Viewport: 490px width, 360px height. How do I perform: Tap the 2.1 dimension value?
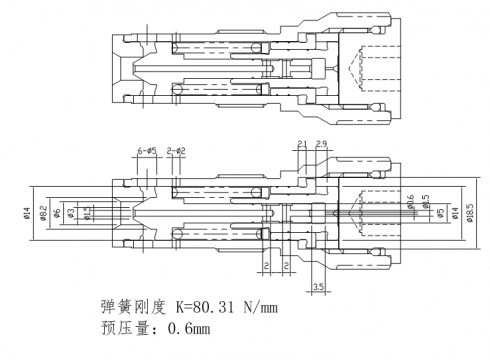tap(303, 145)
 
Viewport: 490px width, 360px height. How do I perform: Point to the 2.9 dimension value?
tap(323, 145)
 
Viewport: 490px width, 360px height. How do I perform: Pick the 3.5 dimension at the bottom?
tap(319, 288)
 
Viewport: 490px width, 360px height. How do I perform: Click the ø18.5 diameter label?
tap(470, 213)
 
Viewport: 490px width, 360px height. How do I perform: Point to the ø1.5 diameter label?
tap(87, 213)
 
